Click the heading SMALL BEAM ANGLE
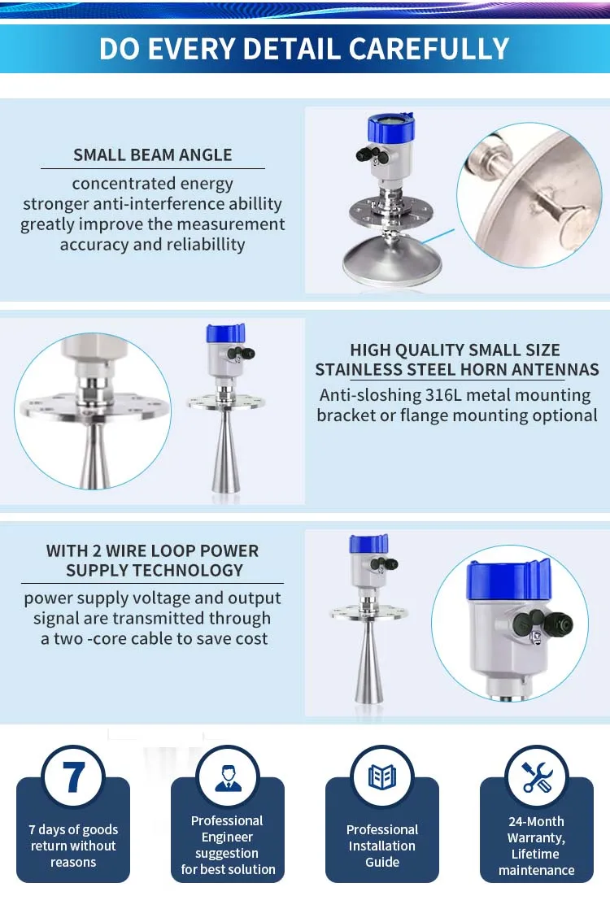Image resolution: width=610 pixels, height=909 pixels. point(153,154)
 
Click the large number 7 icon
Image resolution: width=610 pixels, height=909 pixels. point(73,776)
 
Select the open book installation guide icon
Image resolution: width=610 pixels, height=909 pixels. point(382,776)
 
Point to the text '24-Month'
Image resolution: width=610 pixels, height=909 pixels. point(536,821)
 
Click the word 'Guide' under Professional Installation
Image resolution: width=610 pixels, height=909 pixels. point(381,862)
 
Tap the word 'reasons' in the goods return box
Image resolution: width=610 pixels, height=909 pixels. point(73,862)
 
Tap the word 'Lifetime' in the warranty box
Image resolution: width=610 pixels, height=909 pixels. point(536,854)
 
